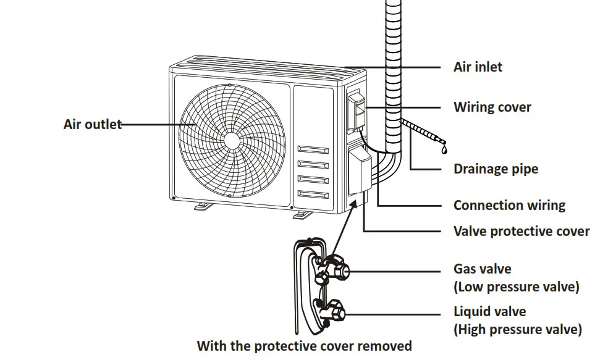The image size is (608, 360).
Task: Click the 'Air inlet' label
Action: click(478, 67)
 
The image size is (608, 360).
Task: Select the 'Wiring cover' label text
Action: click(492, 107)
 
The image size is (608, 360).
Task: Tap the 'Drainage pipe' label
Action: click(496, 169)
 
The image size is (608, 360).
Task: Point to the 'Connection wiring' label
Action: click(509, 205)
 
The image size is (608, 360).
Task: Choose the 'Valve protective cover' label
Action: click(521, 231)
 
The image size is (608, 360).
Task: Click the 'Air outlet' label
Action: click(92, 124)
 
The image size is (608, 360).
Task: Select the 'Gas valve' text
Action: click(482, 269)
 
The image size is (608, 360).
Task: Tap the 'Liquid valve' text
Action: click(489, 311)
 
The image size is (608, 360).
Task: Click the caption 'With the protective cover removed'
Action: click(304, 345)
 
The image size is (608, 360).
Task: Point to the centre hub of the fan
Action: click(232, 140)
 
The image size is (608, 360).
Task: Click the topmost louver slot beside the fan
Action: click(313, 149)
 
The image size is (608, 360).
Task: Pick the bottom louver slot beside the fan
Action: click(313, 195)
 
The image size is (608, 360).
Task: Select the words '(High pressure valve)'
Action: click(517, 329)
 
